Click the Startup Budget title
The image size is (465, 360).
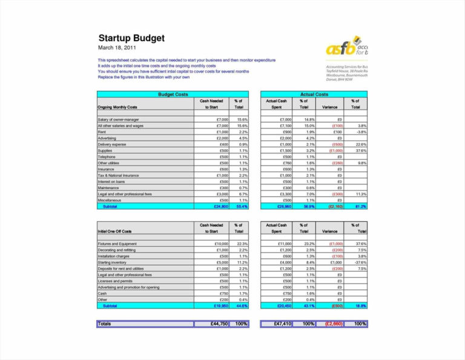[131, 38]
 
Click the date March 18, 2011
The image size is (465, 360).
[117, 47]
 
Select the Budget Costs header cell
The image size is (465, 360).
[173, 95]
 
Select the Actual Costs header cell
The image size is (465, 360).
[314, 95]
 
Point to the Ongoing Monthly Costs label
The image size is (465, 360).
[117, 107]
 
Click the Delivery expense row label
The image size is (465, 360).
[112, 144]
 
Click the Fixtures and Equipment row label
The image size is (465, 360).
[117, 244]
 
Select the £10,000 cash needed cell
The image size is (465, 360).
[220, 244]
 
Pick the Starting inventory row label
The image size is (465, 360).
[113, 262]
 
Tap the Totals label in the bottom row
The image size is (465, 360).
[105, 324]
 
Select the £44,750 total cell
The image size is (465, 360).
[216, 324]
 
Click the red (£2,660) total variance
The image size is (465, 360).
[332, 324]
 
